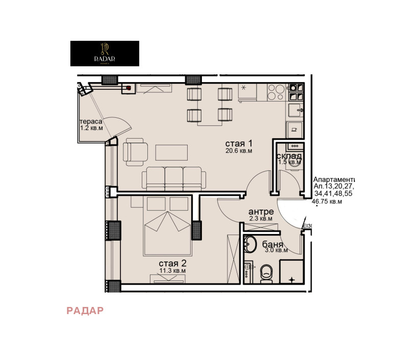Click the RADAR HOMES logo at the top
click(x=105, y=54)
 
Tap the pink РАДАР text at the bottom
click(x=85, y=311)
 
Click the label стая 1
click(x=239, y=143)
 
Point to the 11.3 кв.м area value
click(x=172, y=271)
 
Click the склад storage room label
click(x=289, y=156)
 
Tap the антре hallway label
click(x=261, y=212)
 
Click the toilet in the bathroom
click(x=266, y=274)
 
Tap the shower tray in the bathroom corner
click(x=292, y=271)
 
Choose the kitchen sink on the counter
click(x=296, y=109)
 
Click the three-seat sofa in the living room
click(x=174, y=177)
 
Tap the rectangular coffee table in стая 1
click(x=171, y=152)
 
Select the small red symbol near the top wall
click(x=127, y=88)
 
